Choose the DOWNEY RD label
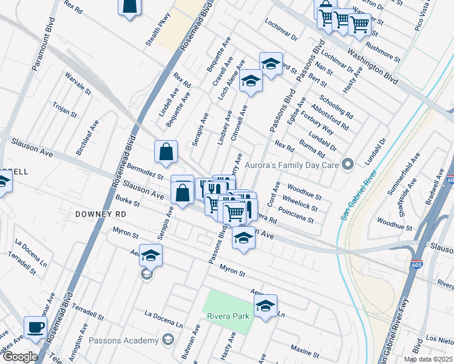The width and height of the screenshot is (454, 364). [x=101, y=215]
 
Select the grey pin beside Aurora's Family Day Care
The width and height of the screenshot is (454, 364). [x=348, y=164]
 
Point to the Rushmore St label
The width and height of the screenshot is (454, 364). [x=384, y=52]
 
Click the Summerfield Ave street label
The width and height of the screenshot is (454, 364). [x=404, y=174]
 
